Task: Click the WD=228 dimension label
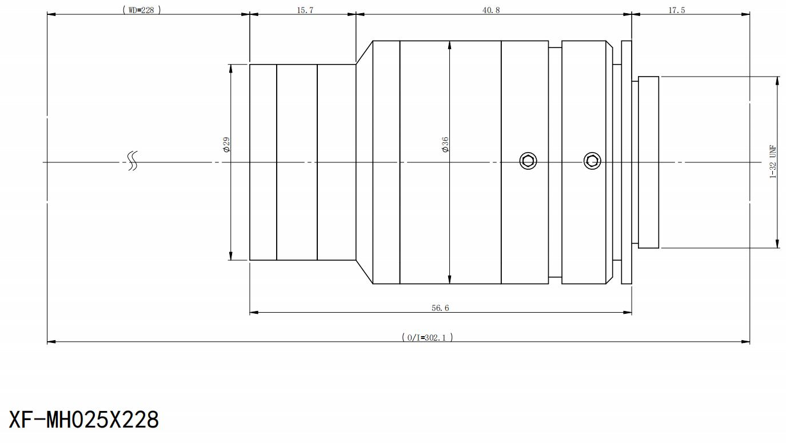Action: click(x=142, y=10)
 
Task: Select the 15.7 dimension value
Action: click(x=305, y=10)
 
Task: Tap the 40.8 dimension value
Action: click(x=491, y=10)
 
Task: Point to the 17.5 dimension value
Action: click(x=676, y=10)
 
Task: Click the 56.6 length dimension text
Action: click(x=440, y=308)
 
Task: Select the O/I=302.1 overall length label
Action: click(x=428, y=337)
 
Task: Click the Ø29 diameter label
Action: click(x=226, y=145)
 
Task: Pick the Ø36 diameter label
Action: click(x=445, y=145)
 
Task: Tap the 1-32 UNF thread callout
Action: click(x=773, y=162)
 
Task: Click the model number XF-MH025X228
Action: click(x=84, y=420)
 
